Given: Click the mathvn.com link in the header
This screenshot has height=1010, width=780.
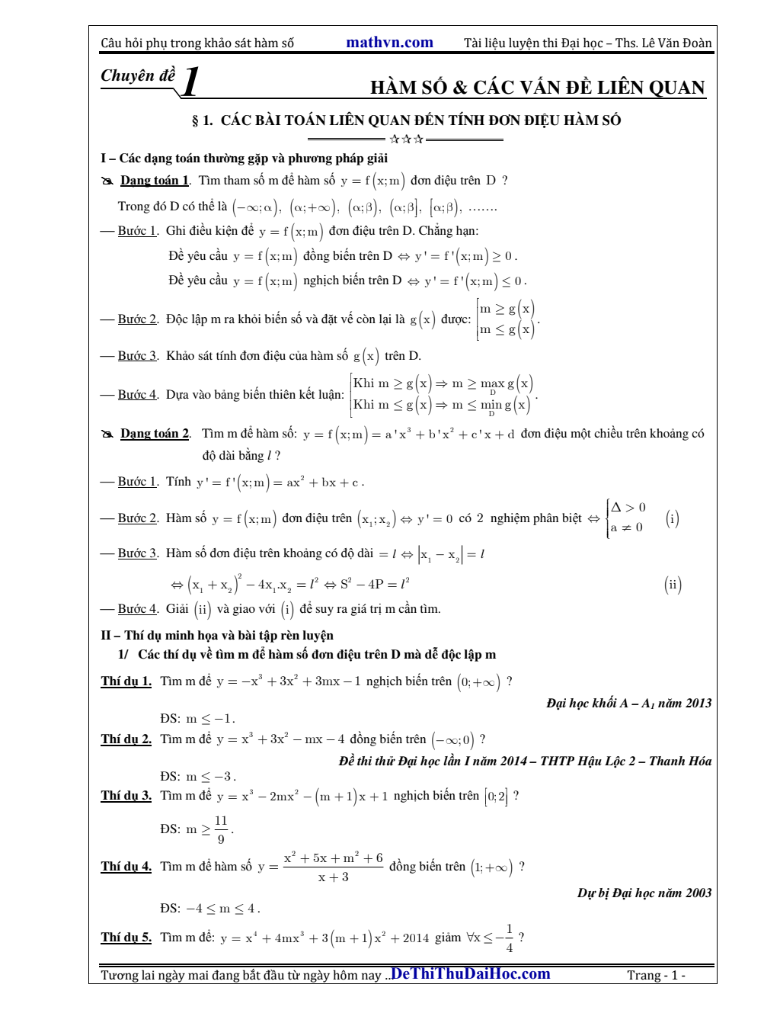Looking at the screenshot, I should [x=389, y=43].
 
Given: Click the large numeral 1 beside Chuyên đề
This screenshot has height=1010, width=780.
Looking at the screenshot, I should [x=191, y=82].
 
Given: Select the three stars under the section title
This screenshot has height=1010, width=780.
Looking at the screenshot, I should [x=406, y=139].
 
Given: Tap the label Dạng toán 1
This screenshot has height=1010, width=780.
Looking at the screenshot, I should [x=155, y=181].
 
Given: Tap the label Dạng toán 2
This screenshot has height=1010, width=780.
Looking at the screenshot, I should [x=155, y=434].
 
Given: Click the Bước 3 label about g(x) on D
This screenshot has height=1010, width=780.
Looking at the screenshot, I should [x=138, y=356].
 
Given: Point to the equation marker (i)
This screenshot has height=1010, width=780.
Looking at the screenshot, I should [x=672, y=519].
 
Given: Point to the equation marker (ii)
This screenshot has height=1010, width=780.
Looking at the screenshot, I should [x=673, y=585].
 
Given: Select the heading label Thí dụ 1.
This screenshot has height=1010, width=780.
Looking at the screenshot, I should [x=126, y=681].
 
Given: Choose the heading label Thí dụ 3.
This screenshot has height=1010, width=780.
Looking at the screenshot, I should [x=126, y=796].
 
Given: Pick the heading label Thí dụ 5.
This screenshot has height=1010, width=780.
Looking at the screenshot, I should [x=126, y=938].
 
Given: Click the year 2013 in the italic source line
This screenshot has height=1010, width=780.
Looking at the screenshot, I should [x=698, y=704].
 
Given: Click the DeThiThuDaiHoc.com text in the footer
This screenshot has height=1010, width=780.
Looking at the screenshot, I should [x=470, y=973].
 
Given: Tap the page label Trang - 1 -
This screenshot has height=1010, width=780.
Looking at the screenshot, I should [x=656, y=975].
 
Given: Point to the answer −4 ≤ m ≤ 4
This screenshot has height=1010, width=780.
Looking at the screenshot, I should [x=222, y=909].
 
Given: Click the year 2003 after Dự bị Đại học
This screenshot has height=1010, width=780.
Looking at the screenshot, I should [x=698, y=893].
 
